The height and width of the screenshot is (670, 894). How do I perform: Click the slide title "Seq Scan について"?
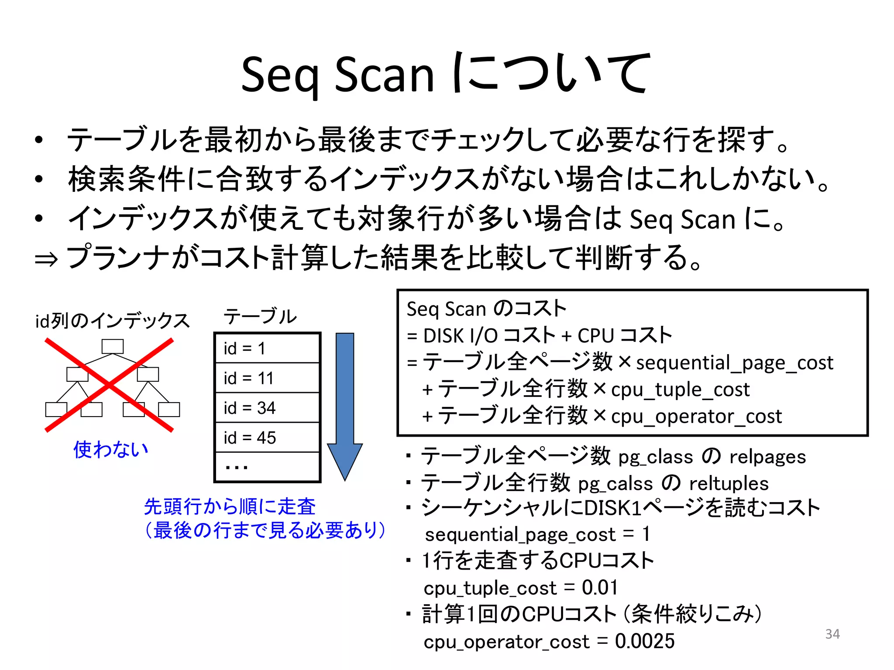coord(446,74)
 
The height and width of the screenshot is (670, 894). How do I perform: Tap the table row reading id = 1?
coord(267,349)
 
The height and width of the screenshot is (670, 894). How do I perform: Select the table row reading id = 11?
coord(267,378)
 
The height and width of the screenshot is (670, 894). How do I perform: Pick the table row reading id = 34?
coord(267,408)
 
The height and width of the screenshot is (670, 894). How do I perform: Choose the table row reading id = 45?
coord(267,438)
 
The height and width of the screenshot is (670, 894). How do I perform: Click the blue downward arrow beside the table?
coord(345,406)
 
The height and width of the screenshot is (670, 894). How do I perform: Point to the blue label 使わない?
coord(111,449)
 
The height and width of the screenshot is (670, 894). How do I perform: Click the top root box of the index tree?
coord(113,346)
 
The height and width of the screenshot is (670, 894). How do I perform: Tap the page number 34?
coord(832,634)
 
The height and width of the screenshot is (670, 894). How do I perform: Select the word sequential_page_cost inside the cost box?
coord(734,363)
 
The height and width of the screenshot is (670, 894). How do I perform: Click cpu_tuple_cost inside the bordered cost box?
coord(680,390)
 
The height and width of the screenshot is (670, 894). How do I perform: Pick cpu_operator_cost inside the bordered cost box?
coord(696,416)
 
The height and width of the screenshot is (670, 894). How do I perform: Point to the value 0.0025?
coord(645,641)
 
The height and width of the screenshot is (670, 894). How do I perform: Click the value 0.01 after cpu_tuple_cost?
coord(600,588)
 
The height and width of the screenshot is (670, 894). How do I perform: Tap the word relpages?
coord(767,457)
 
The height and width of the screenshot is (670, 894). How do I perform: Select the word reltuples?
coord(729,483)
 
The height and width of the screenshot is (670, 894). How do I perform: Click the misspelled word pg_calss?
coord(615,483)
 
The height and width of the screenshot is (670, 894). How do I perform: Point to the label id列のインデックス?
coord(113,321)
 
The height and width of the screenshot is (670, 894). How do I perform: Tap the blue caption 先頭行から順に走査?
coord(230,507)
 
